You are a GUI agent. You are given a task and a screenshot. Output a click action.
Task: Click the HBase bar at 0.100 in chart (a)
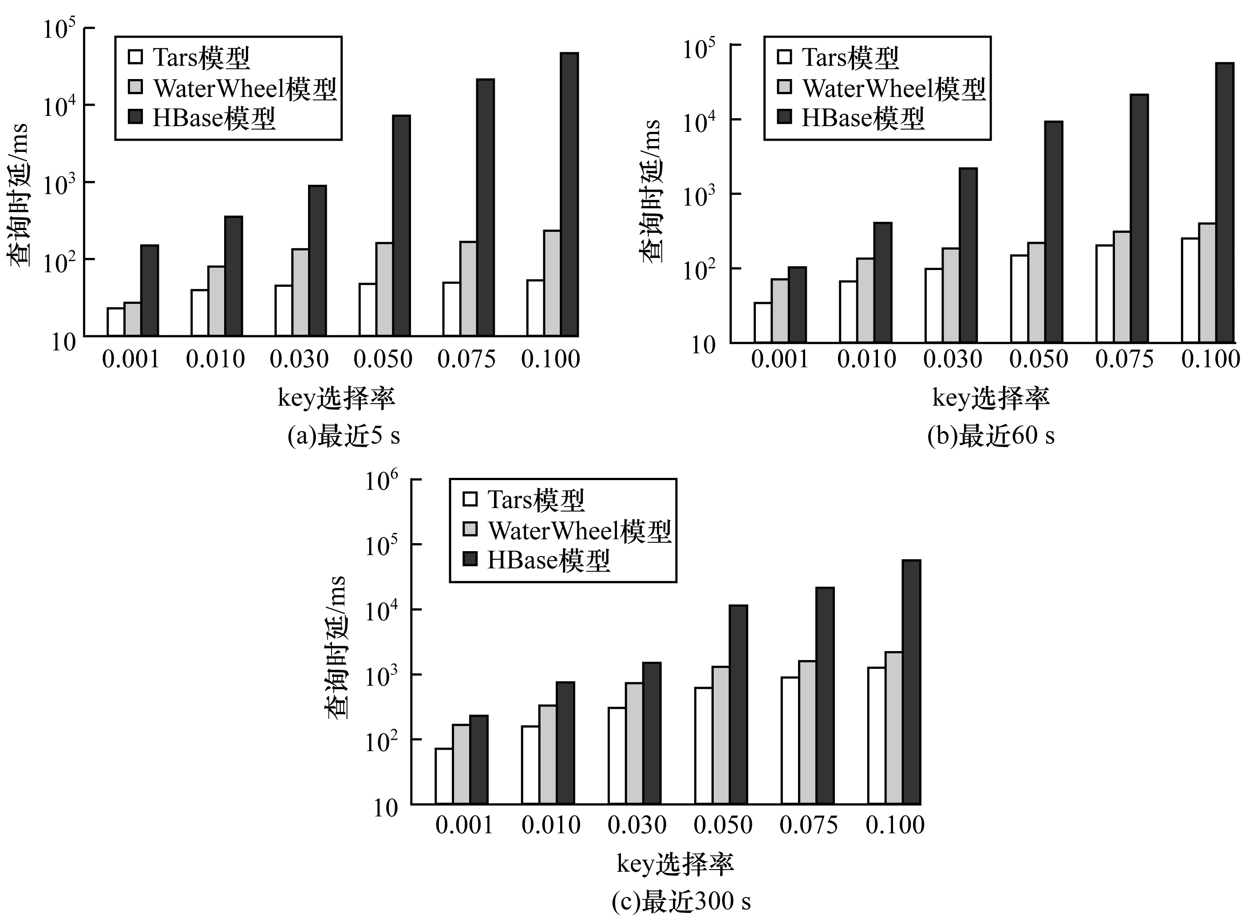coord(569,195)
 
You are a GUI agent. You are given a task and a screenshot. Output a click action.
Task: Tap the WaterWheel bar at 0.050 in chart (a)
coord(384,289)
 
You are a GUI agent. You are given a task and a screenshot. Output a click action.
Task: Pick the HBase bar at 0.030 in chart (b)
coord(968,256)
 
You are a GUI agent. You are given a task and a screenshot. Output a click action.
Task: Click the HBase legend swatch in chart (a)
coord(135,117)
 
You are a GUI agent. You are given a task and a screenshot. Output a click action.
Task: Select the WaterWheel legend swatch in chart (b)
coord(784,87)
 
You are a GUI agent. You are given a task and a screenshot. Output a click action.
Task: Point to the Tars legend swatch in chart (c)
coord(470,500)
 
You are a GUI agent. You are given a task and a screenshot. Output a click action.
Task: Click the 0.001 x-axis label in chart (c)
coord(464,825)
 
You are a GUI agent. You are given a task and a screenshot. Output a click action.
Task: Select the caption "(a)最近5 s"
coord(344,437)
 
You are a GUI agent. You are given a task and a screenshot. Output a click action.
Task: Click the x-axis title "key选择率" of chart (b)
coord(991,399)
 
